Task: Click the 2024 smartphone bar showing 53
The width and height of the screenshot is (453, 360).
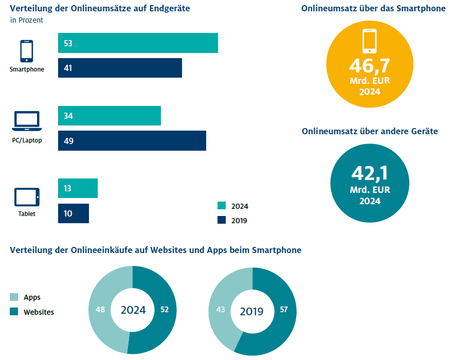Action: click(x=138, y=43)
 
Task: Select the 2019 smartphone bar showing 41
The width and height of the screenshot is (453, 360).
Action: click(x=120, y=68)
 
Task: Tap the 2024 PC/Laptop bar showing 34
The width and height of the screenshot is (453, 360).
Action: click(x=110, y=116)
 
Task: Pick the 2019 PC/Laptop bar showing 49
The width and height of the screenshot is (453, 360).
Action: click(x=132, y=141)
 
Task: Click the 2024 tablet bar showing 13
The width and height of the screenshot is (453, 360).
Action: click(x=78, y=188)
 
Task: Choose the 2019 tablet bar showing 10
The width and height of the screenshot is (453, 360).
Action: click(x=74, y=213)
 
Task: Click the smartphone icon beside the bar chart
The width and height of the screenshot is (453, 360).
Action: click(x=27, y=51)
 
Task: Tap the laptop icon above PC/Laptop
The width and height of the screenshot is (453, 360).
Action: click(x=27, y=122)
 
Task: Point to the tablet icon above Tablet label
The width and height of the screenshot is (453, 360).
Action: click(x=27, y=197)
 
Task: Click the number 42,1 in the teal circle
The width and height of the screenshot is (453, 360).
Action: click(x=370, y=173)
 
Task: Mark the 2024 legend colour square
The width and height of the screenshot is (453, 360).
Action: click(x=222, y=206)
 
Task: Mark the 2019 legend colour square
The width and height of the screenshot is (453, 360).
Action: click(x=222, y=220)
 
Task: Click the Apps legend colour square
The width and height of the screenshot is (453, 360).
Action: click(x=14, y=297)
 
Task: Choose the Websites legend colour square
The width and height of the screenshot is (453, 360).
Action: click(x=14, y=312)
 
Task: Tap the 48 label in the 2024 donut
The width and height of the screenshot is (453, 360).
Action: click(x=100, y=310)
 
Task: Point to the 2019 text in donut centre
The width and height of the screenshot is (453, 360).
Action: click(x=252, y=312)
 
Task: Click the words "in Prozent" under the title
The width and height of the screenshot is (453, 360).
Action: click(x=26, y=20)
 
